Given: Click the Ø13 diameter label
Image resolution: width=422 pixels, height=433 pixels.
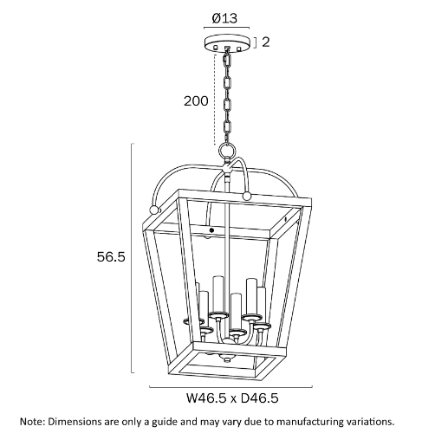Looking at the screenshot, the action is tap(224, 18).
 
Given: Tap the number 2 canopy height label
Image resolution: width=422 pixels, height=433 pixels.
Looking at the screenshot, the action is tap(265, 42).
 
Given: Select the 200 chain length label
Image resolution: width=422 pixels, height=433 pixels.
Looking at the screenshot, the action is tap(196, 101).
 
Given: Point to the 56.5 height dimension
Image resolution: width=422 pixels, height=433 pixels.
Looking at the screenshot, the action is tap(111, 257).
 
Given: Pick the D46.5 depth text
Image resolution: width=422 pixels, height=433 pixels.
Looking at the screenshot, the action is tap(259, 398).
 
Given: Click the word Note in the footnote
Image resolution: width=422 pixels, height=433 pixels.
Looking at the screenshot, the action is tap(31, 422).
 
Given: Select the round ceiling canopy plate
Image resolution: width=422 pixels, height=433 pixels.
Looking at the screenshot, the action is tap(226, 44).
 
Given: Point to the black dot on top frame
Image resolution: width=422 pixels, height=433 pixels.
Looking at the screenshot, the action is tap(211, 230).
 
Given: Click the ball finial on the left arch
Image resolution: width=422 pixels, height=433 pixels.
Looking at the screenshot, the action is tap(154, 210).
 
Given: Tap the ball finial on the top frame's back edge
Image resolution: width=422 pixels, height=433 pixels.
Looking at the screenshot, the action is tap(246, 197).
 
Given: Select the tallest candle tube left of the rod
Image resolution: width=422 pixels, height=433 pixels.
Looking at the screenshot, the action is tap(218, 294).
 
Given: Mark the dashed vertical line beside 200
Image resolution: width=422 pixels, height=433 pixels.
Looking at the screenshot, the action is tap(215, 99).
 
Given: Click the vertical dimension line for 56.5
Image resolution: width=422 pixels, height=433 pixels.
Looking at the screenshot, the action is tap(132, 258).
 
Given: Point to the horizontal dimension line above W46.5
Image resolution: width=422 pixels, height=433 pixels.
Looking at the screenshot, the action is tap(230, 386).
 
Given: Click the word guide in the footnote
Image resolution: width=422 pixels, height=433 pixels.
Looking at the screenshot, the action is tap(164, 422).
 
